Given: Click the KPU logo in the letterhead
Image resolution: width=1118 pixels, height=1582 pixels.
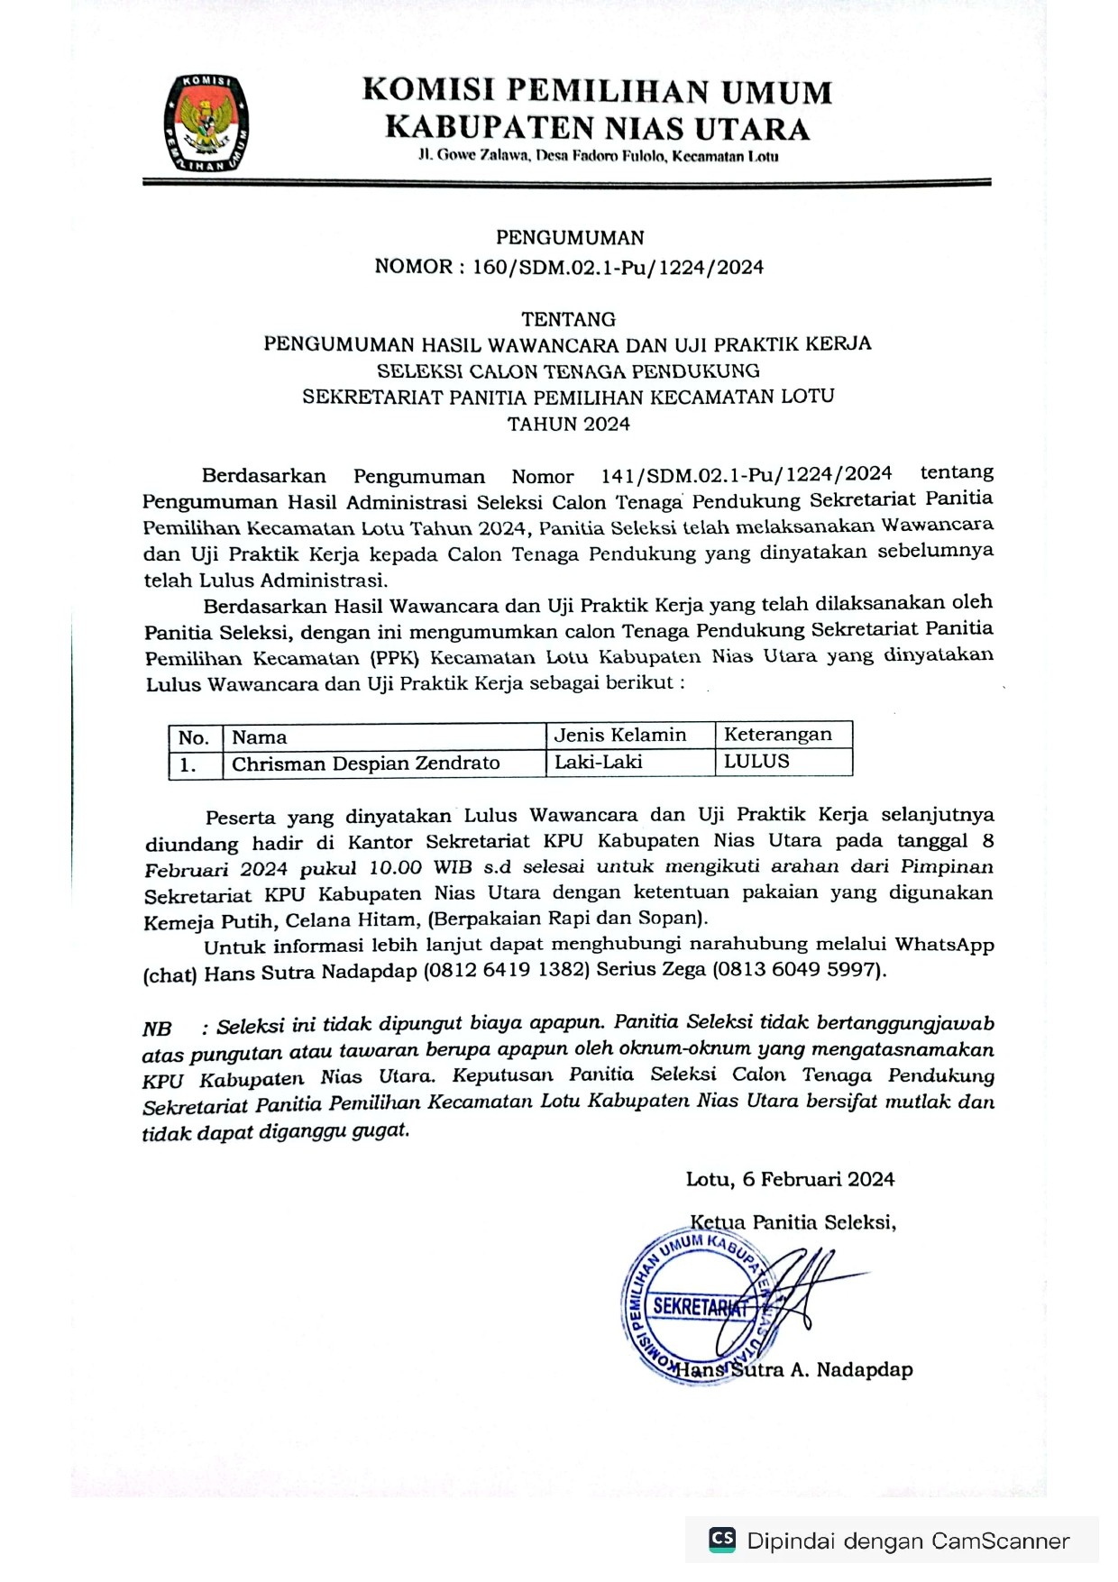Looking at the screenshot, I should (206, 123).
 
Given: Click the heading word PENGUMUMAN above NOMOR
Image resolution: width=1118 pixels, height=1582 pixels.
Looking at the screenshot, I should (570, 238).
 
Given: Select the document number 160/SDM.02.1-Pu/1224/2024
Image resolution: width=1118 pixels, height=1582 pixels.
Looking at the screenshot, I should (618, 267).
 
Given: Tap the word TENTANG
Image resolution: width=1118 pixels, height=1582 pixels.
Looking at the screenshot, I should (569, 319).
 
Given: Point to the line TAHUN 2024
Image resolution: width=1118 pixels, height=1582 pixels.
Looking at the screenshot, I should (569, 424).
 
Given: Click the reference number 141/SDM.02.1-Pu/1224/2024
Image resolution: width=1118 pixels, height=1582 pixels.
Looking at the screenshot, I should (746, 474).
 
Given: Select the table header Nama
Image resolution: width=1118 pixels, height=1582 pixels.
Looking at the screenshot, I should (260, 737).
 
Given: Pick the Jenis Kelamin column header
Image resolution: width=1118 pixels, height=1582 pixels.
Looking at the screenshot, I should (620, 735).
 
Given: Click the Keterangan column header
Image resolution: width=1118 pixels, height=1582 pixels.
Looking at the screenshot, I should (778, 734).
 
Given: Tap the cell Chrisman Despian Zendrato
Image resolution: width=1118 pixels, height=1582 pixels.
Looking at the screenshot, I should (366, 764).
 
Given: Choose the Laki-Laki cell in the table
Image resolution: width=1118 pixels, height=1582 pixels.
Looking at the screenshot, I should (599, 762).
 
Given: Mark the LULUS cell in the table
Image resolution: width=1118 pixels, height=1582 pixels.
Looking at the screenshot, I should (756, 761).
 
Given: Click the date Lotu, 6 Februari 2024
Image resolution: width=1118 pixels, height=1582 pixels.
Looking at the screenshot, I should (790, 1179).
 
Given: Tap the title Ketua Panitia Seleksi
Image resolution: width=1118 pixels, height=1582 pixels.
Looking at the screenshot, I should (793, 1222).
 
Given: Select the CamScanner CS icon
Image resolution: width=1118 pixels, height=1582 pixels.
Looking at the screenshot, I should (721, 1539).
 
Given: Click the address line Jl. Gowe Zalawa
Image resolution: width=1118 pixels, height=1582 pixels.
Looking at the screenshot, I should (598, 156).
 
